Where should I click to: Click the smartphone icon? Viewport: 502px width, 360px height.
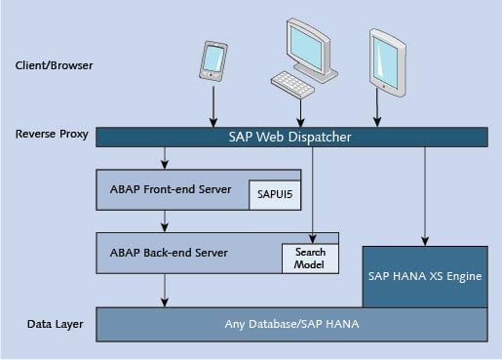[x=213, y=60]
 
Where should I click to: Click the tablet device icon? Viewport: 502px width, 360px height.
[x=387, y=64]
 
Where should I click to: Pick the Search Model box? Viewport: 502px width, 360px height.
[x=310, y=257]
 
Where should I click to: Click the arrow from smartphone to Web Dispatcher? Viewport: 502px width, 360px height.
[x=213, y=106]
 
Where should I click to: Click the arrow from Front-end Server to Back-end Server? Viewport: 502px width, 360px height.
[x=166, y=220]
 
